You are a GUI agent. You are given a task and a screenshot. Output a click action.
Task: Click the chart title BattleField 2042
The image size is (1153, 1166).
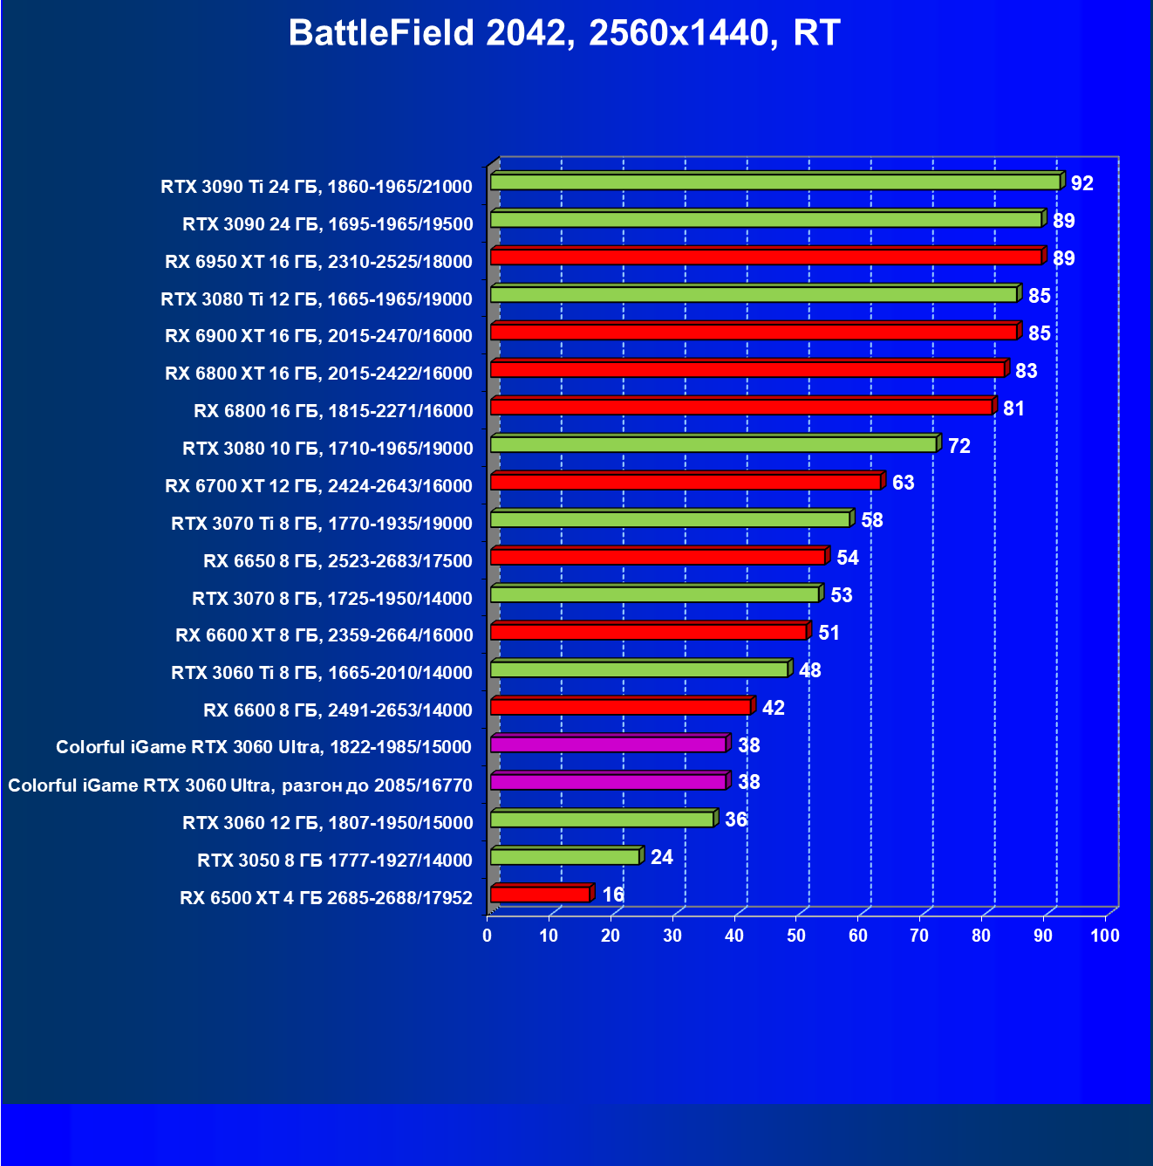coord(564,33)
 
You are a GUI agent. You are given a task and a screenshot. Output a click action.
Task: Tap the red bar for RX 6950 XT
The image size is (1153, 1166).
coord(766,257)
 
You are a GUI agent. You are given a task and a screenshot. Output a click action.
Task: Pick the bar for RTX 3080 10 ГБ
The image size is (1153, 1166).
coord(713,444)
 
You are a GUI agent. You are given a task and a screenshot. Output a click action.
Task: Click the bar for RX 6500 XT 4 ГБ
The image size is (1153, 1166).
coord(540,895)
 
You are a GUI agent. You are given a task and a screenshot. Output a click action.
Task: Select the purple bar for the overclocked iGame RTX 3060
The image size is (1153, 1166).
coord(608,782)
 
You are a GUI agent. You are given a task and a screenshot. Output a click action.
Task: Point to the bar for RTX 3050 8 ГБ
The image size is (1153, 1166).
coord(564,857)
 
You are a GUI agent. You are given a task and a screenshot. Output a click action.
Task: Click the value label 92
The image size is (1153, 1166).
coord(1081,183)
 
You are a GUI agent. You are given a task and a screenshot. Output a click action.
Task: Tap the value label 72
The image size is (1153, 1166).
coord(959,446)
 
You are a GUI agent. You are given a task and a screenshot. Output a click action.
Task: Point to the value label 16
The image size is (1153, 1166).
coord(613,895)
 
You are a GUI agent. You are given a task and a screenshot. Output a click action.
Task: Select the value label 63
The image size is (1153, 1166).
coord(903,483)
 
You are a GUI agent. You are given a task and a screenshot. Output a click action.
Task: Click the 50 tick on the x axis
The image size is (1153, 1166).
coord(796,936)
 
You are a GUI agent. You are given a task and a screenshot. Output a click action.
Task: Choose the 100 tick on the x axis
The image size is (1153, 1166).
coord(1105,936)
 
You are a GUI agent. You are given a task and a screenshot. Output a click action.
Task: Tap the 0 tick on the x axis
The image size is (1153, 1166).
coord(488,936)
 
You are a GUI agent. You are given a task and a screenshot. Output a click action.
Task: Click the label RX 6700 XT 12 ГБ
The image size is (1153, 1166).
coord(318,486)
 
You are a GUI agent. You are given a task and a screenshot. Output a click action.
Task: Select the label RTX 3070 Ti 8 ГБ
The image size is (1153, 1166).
coord(322,524)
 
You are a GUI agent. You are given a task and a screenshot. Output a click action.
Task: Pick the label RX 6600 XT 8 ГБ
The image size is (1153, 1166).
coord(324,635)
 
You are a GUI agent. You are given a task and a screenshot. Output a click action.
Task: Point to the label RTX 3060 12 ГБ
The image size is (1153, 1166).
coord(327,823)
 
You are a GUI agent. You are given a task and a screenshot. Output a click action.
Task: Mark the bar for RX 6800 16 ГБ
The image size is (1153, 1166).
coord(741,407)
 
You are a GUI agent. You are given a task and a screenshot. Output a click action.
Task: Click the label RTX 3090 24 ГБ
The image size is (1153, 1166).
coord(327,224)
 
